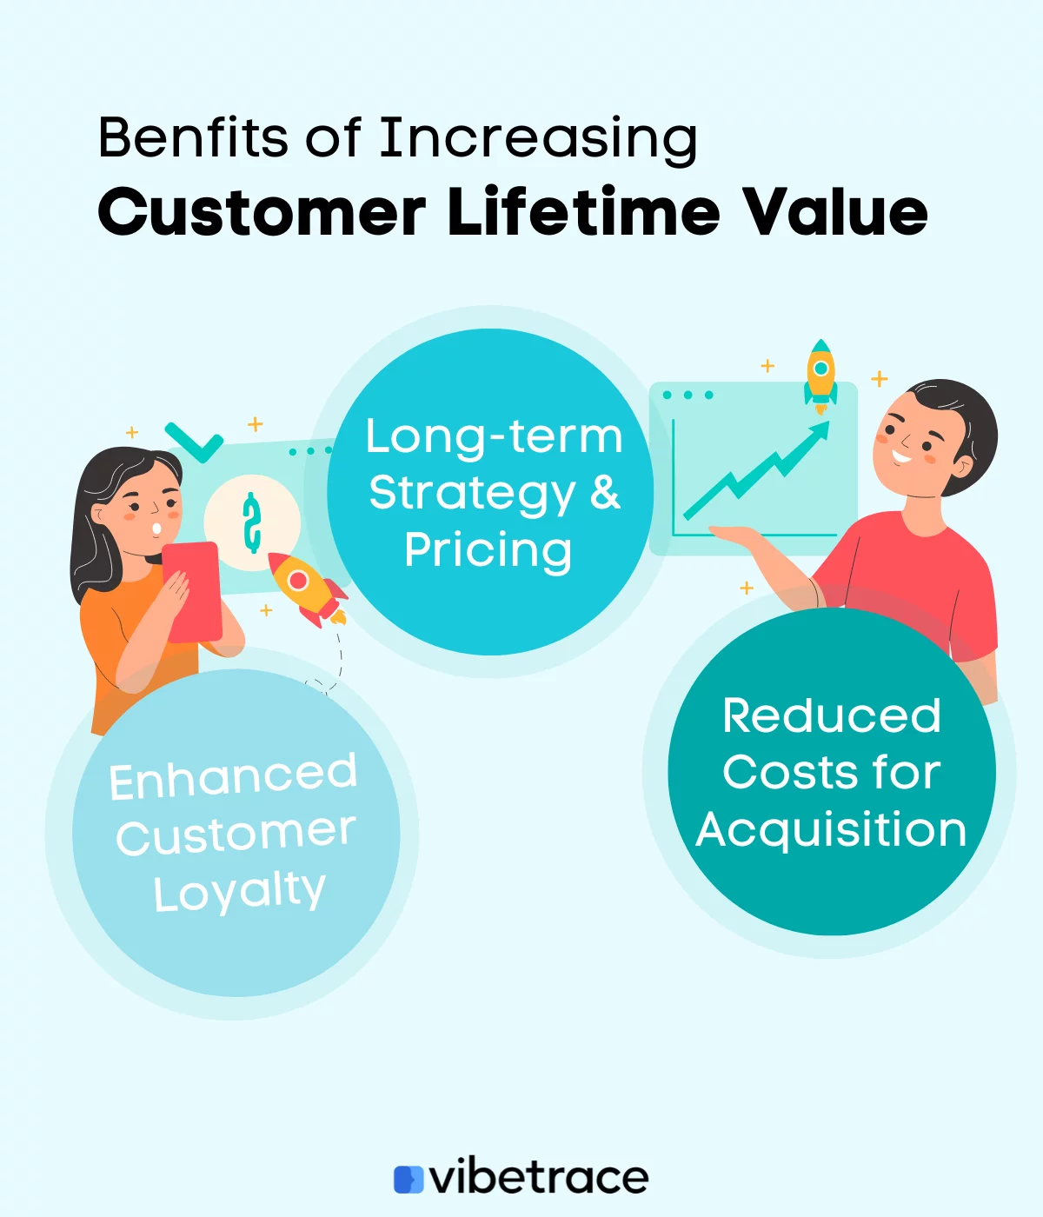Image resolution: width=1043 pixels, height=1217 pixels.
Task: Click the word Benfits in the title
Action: [x=192, y=137]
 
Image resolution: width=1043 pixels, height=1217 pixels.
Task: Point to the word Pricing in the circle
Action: [x=488, y=550]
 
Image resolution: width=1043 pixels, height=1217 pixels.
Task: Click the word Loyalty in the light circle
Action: [x=239, y=891]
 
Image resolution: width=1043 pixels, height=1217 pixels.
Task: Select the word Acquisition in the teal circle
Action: [x=831, y=829]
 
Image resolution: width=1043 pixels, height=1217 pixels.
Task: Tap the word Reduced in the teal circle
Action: [x=831, y=715]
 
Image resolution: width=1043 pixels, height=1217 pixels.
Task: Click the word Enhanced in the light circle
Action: [x=233, y=776]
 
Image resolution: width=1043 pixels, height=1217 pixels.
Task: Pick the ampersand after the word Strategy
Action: [x=606, y=492]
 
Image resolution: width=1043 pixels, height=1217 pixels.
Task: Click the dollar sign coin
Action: [x=252, y=523]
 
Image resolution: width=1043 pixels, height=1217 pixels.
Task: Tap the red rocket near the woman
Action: [x=304, y=587]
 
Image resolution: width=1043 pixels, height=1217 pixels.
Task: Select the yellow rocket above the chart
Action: [x=820, y=374]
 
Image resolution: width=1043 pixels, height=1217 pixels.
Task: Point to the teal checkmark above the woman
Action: [x=195, y=442]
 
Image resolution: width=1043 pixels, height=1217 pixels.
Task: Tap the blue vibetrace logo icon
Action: [x=408, y=1179]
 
